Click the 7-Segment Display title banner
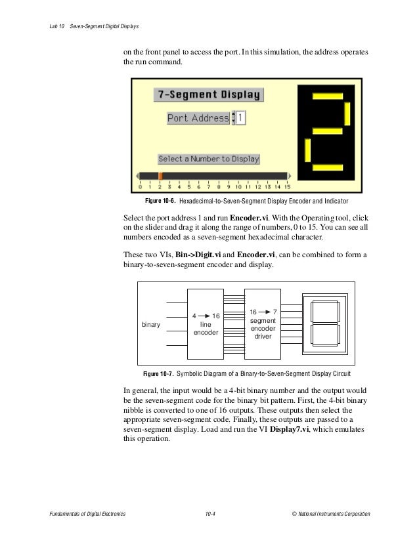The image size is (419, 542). coord(208,94)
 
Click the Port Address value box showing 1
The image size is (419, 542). coord(241,118)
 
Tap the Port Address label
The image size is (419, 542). coord(198,119)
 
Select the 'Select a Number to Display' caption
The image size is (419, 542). coord(209,159)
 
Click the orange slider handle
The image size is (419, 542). coord(160,176)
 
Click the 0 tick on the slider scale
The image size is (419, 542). coord(141,186)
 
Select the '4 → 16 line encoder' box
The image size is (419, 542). coord(206,323)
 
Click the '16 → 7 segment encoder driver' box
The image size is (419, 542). coord(263,323)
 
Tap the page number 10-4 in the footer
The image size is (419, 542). coord(210,512)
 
